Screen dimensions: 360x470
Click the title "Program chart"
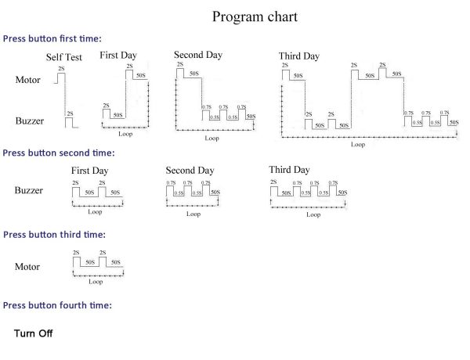coord(255,16)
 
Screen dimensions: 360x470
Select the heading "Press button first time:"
coord(52,38)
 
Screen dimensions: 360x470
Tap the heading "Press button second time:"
coord(58,153)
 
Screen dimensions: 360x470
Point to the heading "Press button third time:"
coord(54,234)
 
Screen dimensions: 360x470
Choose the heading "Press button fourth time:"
coord(57,304)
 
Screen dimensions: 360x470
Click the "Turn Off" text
coord(33,333)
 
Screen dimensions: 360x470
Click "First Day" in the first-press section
coord(119,55)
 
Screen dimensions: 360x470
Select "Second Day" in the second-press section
coord(190,170)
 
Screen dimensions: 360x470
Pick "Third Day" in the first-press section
coord(298,56)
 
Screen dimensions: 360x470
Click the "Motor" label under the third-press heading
coord(27,267)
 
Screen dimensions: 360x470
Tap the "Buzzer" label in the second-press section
coord(30,190)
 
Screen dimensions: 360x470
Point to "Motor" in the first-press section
coord(28,80)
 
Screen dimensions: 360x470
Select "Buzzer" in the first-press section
coord(30,121)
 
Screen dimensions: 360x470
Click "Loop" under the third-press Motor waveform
coord(96,282)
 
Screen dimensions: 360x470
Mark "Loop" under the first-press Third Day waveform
coord(358,144)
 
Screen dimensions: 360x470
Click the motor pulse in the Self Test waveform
coord(62,75)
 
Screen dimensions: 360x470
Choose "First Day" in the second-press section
coord(90,170)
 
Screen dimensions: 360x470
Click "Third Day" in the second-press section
coord(289,170)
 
